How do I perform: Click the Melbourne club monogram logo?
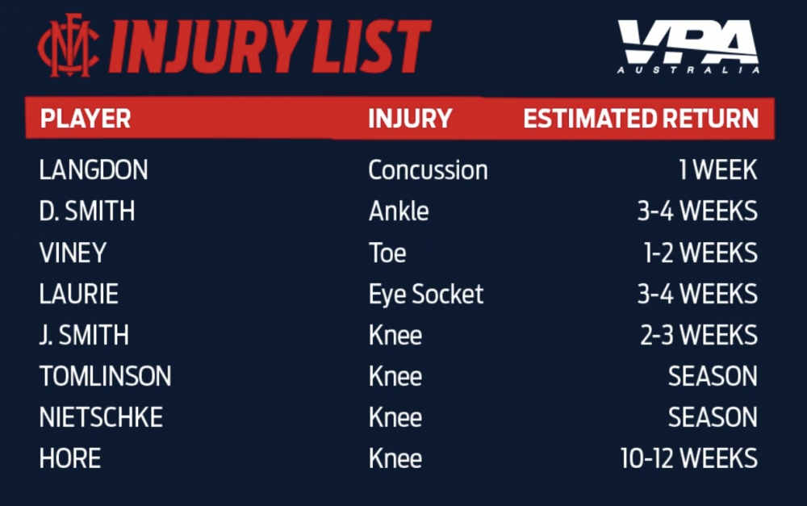(69, 46)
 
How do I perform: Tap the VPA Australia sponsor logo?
(688, 46)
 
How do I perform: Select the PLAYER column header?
(86, 119)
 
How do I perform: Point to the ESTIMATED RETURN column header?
(641, 119)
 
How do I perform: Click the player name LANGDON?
(94, 169)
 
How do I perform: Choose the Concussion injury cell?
(429, 169)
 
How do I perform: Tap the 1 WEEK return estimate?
(718, 169)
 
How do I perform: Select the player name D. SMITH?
(87, 211)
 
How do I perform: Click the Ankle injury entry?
(399, 211)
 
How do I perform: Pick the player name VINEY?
(73, 253)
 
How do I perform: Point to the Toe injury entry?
(387, 253)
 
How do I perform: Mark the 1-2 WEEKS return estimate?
(700, 253)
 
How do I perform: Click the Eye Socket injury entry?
(426, 295)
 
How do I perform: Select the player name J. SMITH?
(84, 335)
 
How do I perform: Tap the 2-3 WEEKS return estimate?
(699, 335)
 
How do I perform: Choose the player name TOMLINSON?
(106, 376)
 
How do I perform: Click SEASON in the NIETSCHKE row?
(713, 417)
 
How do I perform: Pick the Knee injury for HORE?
(395, 458)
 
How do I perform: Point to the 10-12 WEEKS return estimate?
(689, 458)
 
